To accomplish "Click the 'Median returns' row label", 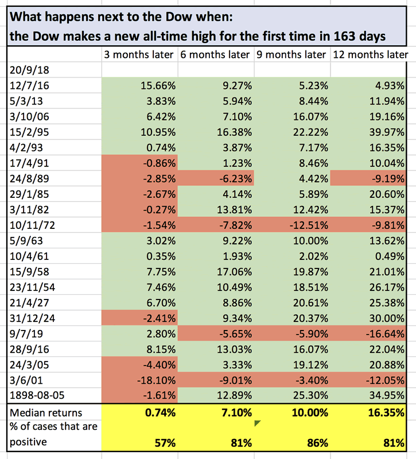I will coord(46,413).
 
